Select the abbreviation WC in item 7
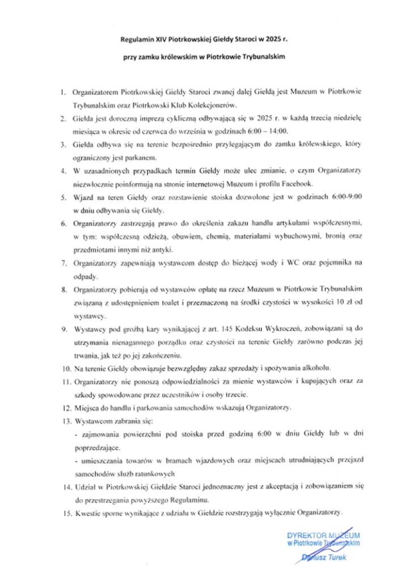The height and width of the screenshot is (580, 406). [271, 263]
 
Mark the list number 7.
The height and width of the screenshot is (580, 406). [64, 263]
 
